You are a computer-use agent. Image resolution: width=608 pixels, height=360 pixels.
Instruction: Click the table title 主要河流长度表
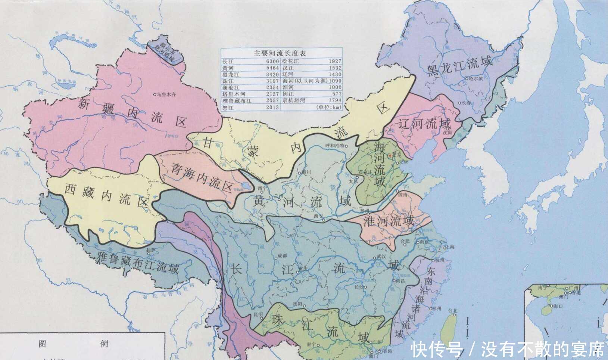pos(280,53)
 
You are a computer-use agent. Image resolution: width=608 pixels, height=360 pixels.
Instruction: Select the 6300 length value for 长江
pos(272,61)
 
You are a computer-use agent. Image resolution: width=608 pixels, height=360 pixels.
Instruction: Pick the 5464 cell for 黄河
pos(272,68)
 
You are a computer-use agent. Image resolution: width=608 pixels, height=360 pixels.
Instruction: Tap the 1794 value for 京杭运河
pos(335,100)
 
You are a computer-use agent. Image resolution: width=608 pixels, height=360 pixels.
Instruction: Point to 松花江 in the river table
pos(290,61)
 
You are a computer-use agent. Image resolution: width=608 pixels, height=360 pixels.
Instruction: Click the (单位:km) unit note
pos(328,107)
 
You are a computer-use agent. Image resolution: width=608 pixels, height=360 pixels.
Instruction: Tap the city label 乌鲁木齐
pos(166,94)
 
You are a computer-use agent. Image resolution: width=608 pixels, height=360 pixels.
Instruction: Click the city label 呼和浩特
pos(335,146)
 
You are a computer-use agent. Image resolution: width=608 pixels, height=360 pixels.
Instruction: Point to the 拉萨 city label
pos(150,249)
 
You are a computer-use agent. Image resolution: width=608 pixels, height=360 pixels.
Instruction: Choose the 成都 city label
pos(282,256)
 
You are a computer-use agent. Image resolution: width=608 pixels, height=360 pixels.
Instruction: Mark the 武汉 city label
pos(381,257)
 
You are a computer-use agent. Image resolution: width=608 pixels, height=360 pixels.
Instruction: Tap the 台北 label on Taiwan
pos(452,311)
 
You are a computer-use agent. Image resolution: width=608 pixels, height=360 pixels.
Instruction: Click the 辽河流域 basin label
pos(424,123)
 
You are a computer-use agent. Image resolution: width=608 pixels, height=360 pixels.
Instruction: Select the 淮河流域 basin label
pos(389,221)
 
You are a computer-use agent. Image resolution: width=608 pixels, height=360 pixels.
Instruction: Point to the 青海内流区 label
pos(202,177)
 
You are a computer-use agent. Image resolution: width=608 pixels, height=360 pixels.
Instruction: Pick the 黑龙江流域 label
pos(459,66)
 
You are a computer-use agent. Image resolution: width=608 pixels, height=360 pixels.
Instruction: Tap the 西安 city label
pos(318,216)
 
